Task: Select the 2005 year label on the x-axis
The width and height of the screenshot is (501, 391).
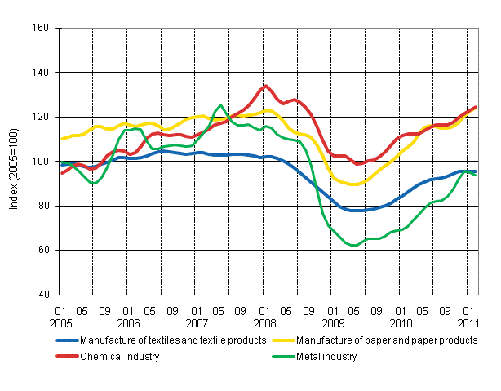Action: tap(60, 322)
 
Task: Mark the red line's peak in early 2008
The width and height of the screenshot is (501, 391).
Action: tap(265, 86)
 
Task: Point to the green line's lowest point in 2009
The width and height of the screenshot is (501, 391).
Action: tap(354, 245)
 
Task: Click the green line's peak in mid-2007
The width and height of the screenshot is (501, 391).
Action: tap(220, 105)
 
